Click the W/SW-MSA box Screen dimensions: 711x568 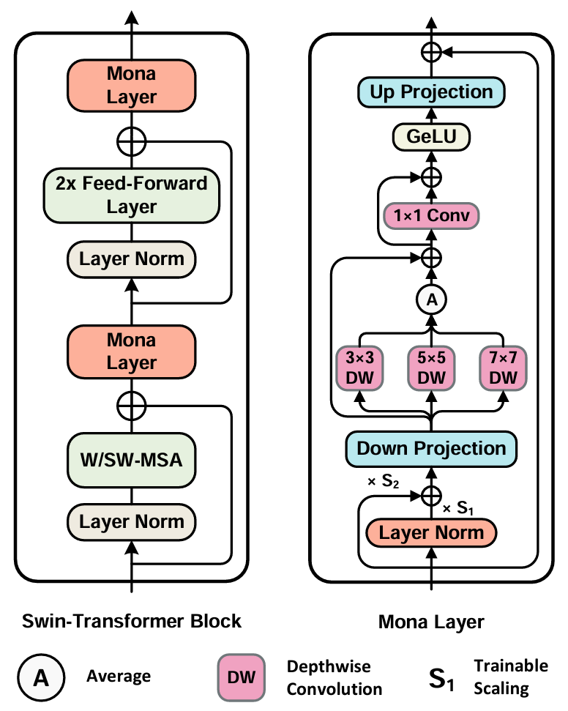tap(132, 462)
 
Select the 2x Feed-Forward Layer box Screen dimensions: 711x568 tap(132, 195)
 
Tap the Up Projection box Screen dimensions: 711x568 tap(431, 92)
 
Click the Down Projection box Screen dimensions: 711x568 tap(431, 448)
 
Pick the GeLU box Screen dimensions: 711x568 tap(431, 137)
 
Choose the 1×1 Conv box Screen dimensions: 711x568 tap(431, 215)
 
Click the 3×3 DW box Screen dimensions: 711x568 tap(360, 368)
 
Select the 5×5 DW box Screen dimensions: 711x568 tap(431, 368)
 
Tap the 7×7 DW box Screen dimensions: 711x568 tap(503, 368)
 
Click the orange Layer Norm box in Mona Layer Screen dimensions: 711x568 tap(431, 532)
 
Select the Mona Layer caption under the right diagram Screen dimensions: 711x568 tap(431, 622)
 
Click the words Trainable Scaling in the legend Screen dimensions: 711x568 tap(511, 677)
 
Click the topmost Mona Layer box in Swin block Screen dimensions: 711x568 tap(132, 85)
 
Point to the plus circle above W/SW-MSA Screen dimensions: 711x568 tap(132, 405)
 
